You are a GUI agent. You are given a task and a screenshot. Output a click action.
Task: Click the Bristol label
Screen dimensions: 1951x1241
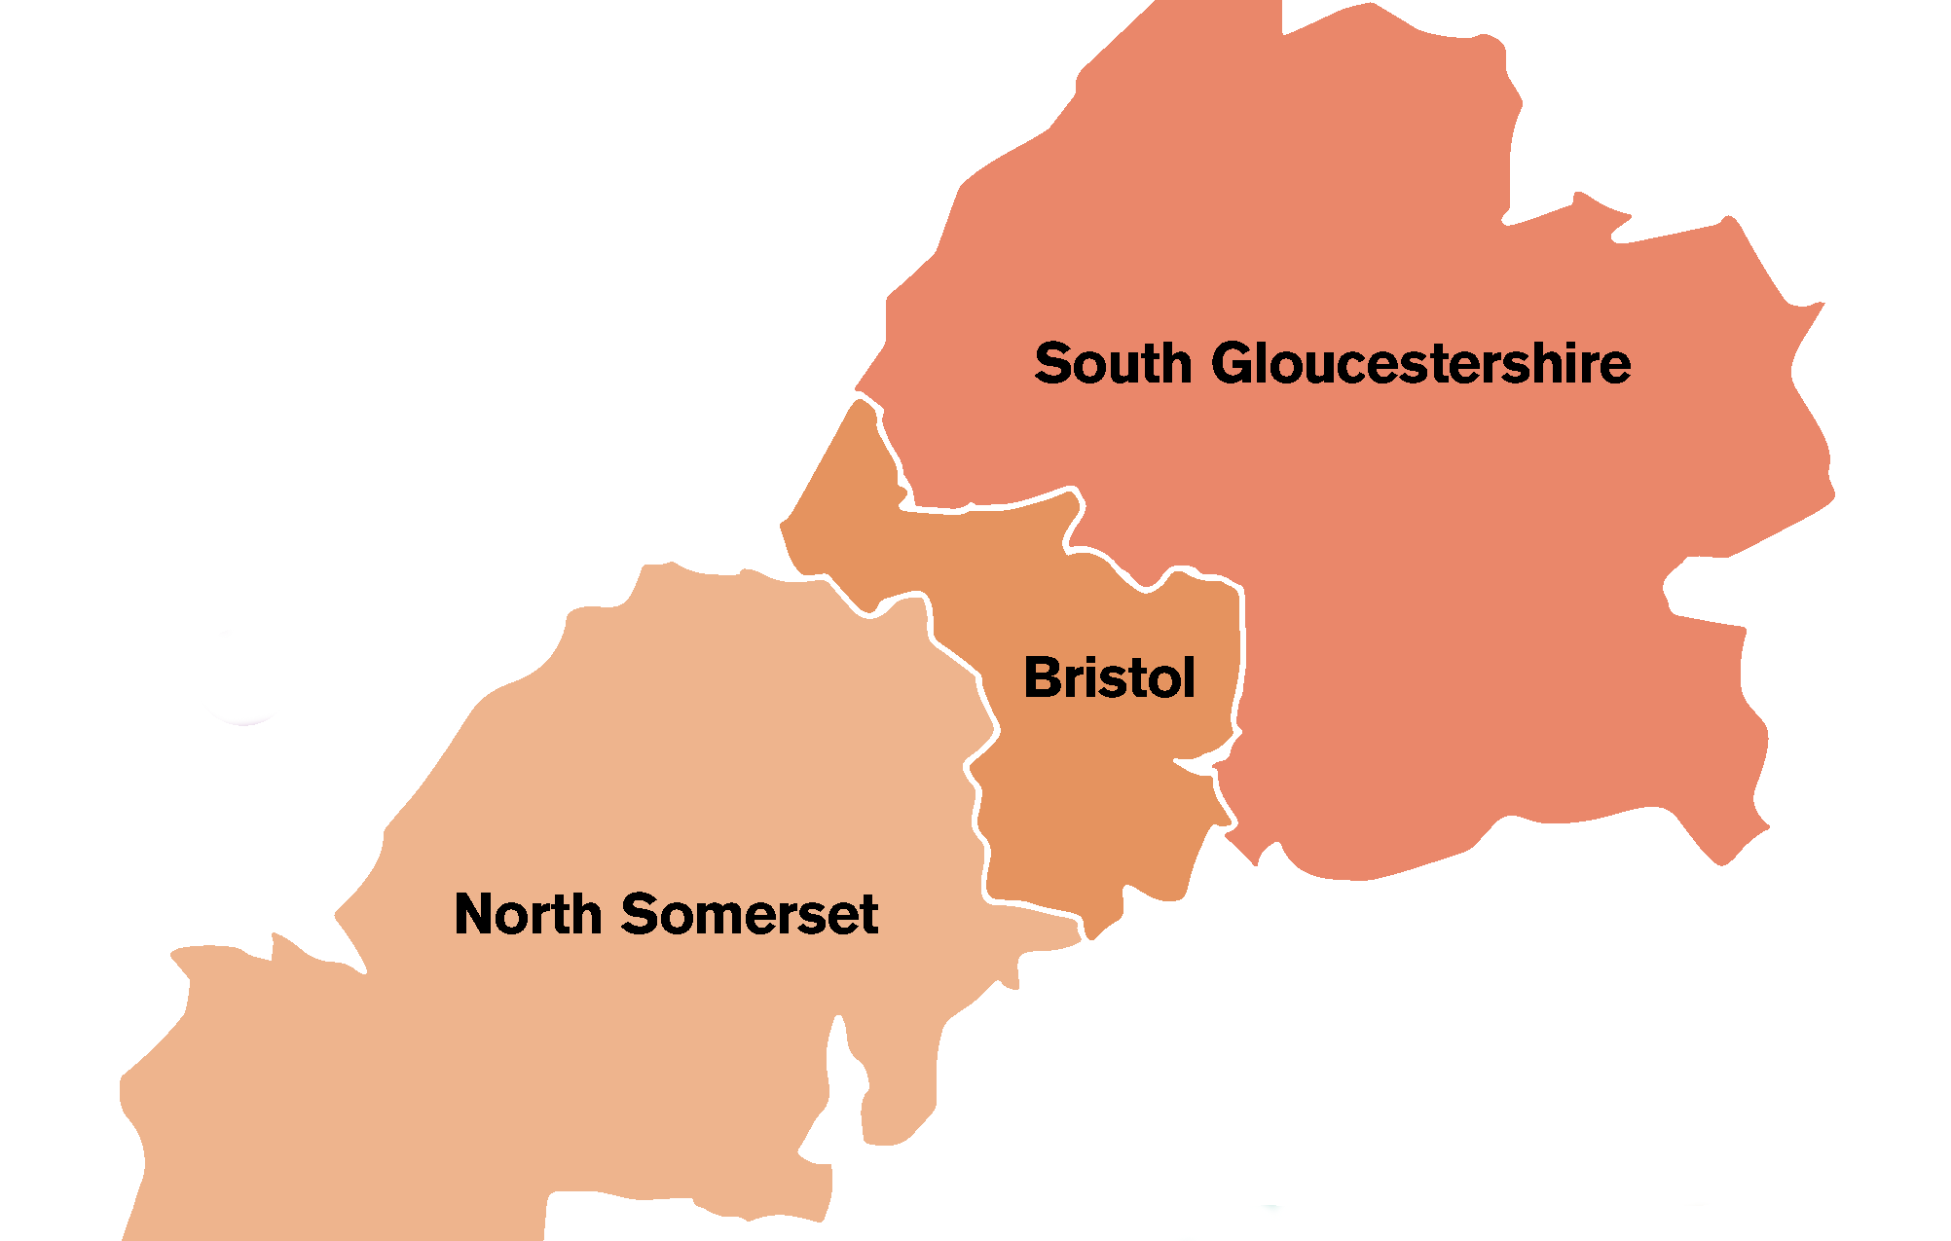point(1109,677)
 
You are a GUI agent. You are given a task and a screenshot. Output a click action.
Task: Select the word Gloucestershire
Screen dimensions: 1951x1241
point(1420,364)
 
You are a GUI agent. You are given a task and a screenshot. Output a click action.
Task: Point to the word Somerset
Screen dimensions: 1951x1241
point(749,914)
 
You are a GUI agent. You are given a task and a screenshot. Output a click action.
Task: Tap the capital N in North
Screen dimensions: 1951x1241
point(476,914)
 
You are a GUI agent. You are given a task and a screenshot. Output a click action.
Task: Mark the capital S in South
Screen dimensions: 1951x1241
point(1053,364)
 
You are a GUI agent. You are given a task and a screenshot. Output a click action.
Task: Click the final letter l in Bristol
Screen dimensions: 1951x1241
point(1188,676)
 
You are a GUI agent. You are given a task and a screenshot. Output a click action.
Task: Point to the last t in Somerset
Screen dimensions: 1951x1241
point(868,916)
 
